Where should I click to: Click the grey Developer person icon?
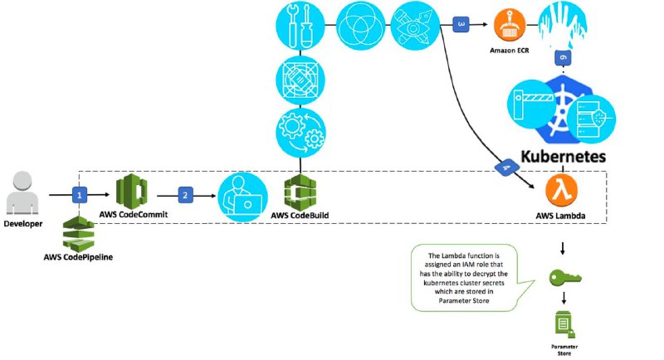[22, 192]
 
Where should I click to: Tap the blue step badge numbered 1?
[79, 195]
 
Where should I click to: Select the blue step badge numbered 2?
[185, 196]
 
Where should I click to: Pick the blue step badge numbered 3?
[461, 25]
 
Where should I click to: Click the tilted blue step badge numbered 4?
[507, 168]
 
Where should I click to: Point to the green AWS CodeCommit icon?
[132, 192]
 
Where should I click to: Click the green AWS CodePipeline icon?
[78, 234]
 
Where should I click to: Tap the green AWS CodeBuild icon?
[300, 192]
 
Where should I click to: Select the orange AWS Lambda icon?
[561, 190]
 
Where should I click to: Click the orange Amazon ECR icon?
[510, 26]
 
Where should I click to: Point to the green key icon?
[565, 277]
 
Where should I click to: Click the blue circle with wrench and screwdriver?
[300, 26]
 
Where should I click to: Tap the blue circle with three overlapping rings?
[361, 26]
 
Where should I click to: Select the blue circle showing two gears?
[300, 133]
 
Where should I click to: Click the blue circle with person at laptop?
[242, 197]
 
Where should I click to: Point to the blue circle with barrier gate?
[532, 104]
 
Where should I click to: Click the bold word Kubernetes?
[563, 156]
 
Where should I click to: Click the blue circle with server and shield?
[591, 119]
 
